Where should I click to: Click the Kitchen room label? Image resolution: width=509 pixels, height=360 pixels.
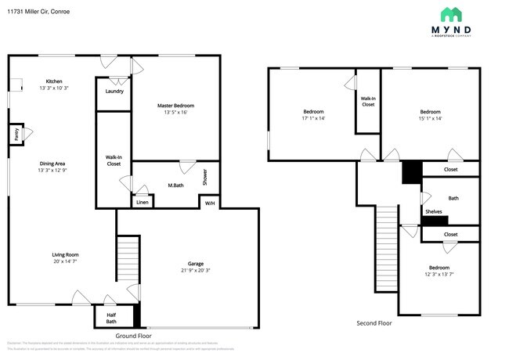[54, 81]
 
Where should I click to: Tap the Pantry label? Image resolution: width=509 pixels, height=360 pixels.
[15, 135]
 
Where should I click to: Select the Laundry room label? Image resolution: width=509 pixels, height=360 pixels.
[114, 92]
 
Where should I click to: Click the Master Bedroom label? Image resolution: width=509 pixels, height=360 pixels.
[175, 106]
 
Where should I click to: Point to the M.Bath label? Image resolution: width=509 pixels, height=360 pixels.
[175, 185]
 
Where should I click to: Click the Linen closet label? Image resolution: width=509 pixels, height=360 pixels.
[142, 203]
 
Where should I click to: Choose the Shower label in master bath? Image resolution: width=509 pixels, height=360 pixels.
[206, 178]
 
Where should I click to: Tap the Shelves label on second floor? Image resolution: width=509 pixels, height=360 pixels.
[434, 211]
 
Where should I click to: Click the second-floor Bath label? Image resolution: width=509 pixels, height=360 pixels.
[453, 199]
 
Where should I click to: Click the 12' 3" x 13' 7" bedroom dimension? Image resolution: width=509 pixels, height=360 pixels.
[439, 275]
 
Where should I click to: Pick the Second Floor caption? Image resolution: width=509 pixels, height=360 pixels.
[374, 322]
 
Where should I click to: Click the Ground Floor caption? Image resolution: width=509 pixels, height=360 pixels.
[132, 335]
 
